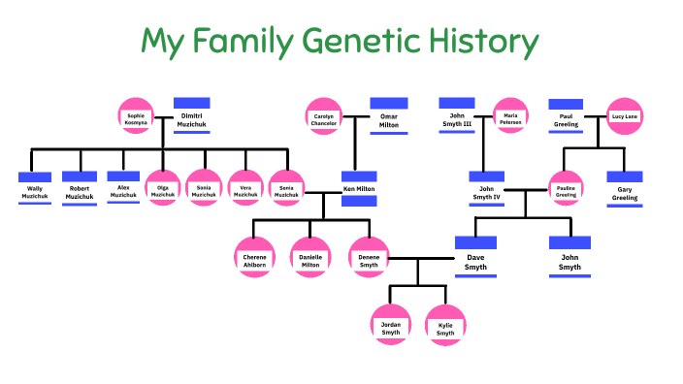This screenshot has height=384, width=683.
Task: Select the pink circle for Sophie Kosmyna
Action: tap(136, 117)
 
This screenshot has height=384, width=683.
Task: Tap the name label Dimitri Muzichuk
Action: tap(192, 120)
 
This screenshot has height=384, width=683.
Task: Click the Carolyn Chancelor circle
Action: tap(324, 117)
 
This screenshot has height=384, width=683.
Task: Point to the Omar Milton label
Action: tap(388, 121)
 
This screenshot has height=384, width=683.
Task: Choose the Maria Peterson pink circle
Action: tap(510, 117)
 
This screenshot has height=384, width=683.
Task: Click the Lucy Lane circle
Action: tap(625, 117)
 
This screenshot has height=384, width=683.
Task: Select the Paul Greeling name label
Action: tap(566, 120)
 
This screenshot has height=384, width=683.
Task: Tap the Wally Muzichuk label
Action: tap(34, 192)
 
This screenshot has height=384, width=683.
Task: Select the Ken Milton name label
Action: tap(359, 188)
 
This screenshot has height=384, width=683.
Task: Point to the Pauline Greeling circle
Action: tap(566, 189)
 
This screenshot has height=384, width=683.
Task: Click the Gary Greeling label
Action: tap(625, 193)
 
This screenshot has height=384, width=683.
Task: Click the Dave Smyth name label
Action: tap(475, 262)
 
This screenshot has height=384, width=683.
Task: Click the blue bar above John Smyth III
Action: tap(456, 103)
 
